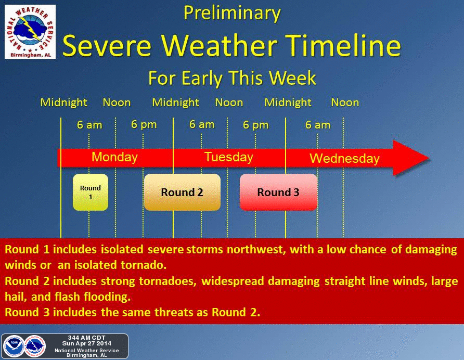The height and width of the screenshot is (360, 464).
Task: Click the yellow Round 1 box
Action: click(x=91, y=192)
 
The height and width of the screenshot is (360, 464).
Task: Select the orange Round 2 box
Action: click(x=182, y=192)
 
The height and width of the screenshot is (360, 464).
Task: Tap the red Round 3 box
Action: click(x=278, y=192)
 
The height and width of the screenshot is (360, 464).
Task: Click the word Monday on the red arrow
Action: click(x=114, y=157)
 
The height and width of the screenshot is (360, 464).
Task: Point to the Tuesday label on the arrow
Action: click(x=229, y=157)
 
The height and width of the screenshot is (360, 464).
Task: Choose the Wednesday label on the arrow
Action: click(x=344, y=158)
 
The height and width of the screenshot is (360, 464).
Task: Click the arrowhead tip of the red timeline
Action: click(x=429, y=158)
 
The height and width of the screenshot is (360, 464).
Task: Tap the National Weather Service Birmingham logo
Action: click(x=30, y=32)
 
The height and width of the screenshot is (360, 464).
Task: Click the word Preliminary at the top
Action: click(x=232, y=14)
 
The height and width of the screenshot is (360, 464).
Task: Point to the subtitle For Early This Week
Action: click(x=232, y=78)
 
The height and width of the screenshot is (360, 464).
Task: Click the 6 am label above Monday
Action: click(x=89, y=125)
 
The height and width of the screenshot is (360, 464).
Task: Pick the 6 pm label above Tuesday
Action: click(x=256, y=125)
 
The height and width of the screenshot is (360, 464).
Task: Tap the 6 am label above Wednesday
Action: click(x=318, y=125)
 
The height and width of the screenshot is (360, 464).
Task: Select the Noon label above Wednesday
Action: click(x=345, y=102)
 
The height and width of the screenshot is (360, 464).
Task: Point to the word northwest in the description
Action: click(x=256, y=250)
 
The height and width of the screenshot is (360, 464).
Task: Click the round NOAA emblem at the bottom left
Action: click(x=14, y=346)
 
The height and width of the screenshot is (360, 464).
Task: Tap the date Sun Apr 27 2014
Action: click(x=87, y=343)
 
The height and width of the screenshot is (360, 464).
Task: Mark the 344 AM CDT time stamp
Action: click(x=86, y=338)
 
